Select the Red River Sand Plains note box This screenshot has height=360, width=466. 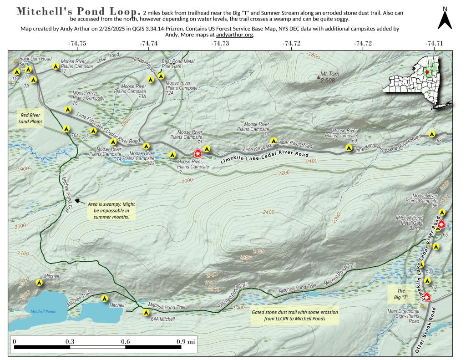point(30,118)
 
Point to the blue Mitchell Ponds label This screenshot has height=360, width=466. point(43,311)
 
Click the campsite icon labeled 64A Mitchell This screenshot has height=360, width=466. point(146,312)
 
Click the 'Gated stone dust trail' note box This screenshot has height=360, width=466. point(295,315)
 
